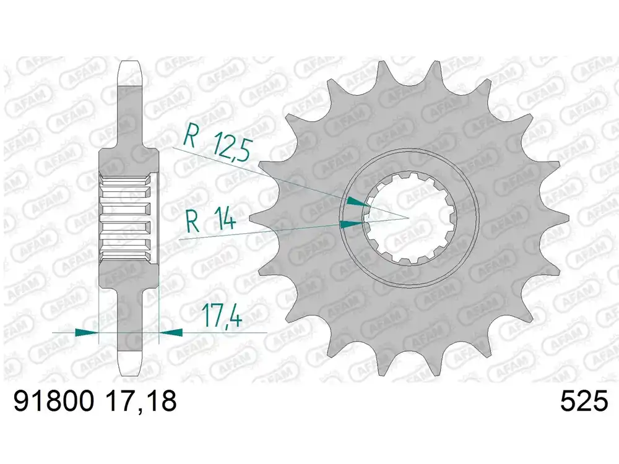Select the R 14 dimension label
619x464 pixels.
tap(210, 221)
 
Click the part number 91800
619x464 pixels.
tap(53, 402)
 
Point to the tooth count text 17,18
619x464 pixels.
tap(141, 402)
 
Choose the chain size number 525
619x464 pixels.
tap(582, 402)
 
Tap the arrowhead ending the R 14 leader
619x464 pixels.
tap(351, 223)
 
